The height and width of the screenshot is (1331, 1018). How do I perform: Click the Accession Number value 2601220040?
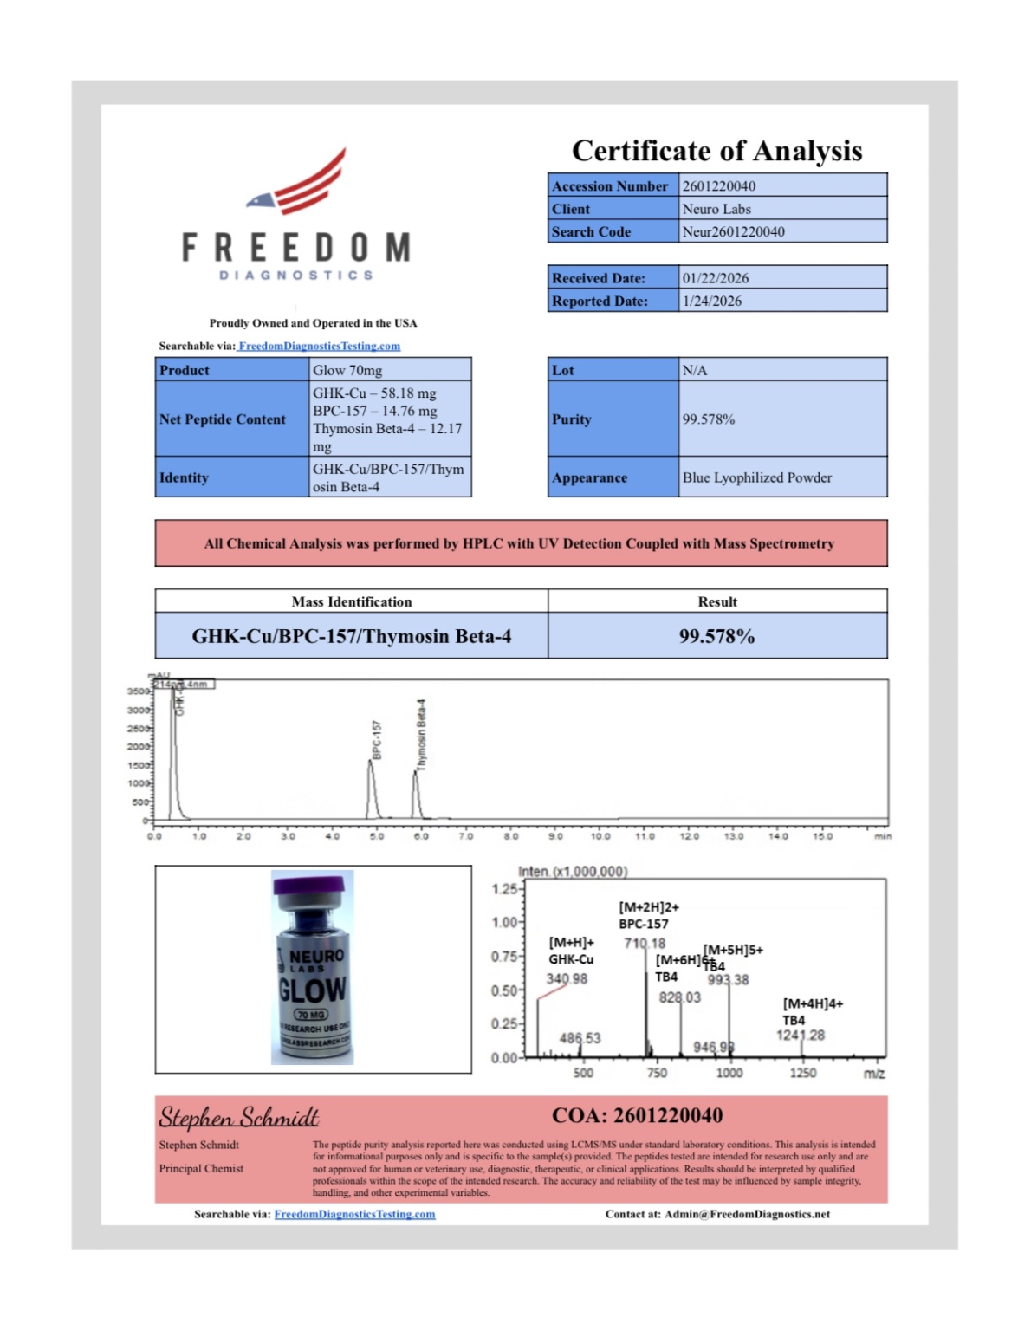pos(718,186)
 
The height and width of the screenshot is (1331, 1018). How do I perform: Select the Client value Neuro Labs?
pos(716,209)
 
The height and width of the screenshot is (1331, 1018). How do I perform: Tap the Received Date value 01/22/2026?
pos(716,278)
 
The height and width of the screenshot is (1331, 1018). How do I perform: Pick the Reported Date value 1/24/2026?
pos(712,301)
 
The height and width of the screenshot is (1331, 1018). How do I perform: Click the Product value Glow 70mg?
pos(347,370)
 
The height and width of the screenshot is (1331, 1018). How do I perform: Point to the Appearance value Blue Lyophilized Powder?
pos(756,477)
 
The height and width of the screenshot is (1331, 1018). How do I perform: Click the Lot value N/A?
pos(695,370)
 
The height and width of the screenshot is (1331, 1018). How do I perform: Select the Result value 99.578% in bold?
pos(716,636)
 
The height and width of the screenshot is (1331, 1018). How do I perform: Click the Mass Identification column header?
pos(351,601)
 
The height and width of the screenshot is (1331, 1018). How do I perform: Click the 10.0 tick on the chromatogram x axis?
pos(600,836)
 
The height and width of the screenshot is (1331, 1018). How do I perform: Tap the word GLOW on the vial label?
pos(313,990)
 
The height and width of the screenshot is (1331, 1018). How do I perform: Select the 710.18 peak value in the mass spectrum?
pos(645,943)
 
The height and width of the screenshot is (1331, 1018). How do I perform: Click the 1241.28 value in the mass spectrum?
pos(801,1035)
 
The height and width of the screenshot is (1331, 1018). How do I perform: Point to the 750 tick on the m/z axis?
pos(657,1073)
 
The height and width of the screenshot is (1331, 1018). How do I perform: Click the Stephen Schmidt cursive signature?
pos(238,1118)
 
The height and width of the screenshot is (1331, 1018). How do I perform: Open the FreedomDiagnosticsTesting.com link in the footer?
pos(354,1214)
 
